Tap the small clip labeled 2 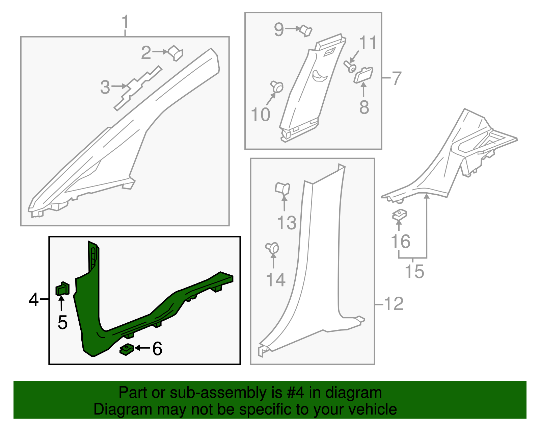click(175, 53)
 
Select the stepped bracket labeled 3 click(138, 88)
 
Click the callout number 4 click(33, 299)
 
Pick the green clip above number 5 click(62, 289)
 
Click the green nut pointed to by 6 click(127, 349)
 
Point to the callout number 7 click(396, 78)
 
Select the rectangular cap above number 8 click(363, 75)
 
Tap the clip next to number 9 click(306, 31)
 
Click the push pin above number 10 click(277, 86)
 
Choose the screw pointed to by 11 click(350, 67)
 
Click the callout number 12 click(394, 304)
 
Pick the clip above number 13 click(282, 189)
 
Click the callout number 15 click(414, 271)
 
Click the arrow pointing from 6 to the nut click(143, 348)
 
